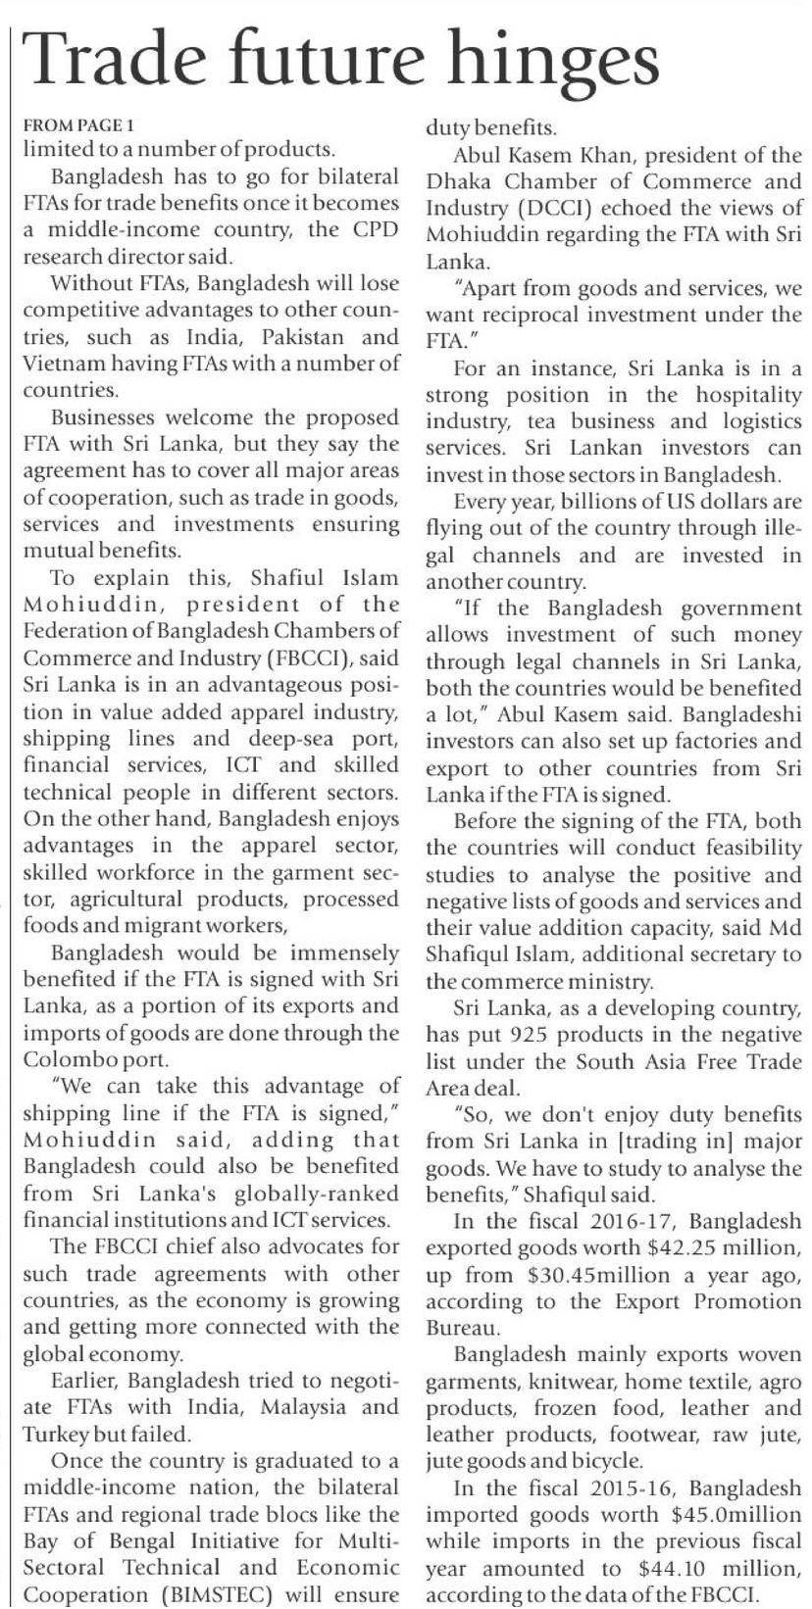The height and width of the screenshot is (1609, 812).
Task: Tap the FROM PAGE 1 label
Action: click(x=77, y=125)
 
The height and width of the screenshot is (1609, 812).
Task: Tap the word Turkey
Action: click(x=55, y=1435)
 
